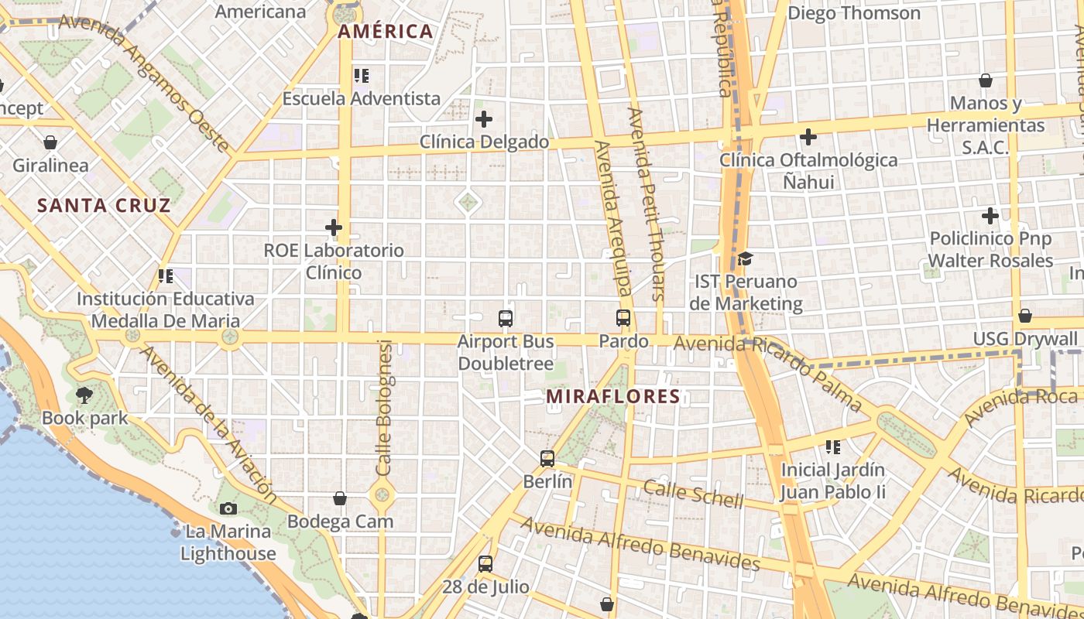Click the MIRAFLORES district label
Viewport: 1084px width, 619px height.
(612, 397)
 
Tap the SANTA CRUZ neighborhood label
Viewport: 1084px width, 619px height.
(104, 206)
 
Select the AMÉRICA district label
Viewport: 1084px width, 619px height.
(385, 32)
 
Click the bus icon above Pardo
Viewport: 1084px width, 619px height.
(623, 317)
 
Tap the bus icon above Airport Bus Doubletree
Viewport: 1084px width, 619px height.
(506, 318)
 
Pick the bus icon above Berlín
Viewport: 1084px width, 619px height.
(547, 458)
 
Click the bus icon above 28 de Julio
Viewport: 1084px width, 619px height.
(485, 563)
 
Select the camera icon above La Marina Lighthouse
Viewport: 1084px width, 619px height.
(228, 508)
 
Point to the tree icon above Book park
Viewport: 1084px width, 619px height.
(84, 395)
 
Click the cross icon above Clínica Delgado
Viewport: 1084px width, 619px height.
(484, 119)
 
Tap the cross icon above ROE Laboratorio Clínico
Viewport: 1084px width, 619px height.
(334, 227)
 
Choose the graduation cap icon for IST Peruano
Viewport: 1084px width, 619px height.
(745, 258)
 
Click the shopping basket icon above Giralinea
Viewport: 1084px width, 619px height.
(50, 142)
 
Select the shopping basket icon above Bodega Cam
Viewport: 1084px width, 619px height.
(340, 498)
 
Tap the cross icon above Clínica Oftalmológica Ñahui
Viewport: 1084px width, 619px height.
(808, 137)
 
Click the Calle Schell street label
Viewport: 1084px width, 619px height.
(693, 494)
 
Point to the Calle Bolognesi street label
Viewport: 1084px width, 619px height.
(384, 408)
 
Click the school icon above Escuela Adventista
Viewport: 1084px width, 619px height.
(362, 76)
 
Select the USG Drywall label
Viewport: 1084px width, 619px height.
(1025, 339)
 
